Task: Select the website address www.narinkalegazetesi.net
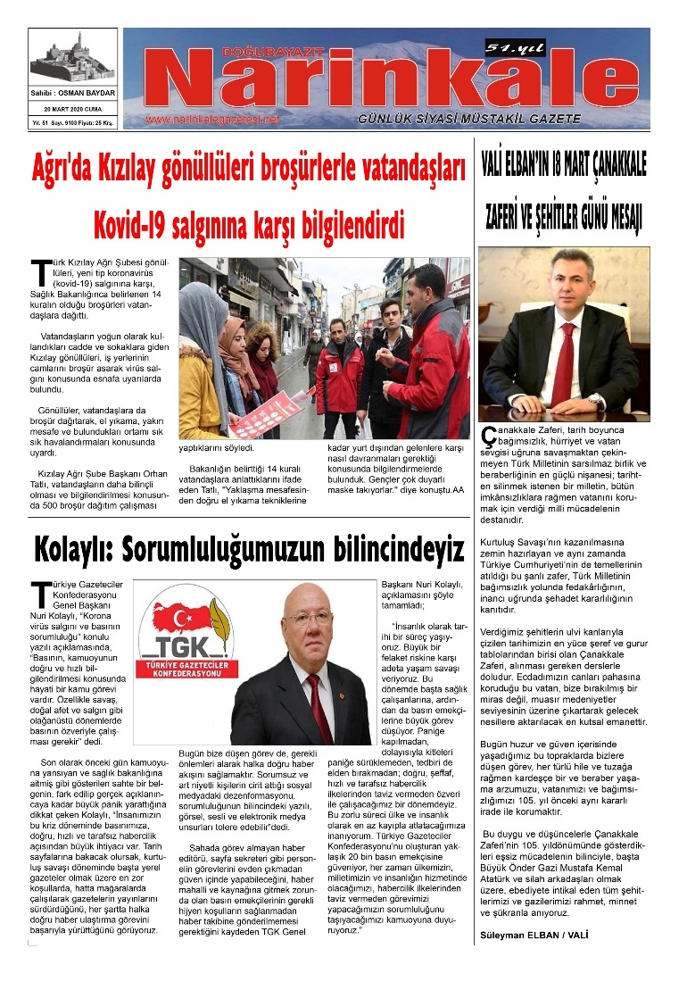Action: [212, 119]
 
